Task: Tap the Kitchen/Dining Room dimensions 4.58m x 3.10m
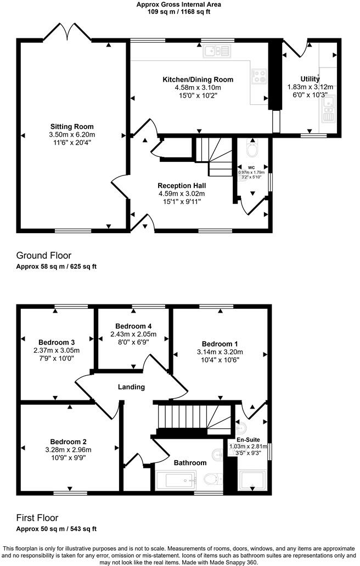click(198, 88)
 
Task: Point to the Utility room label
click(310, 79)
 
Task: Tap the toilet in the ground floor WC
click(252, 150)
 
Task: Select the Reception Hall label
click(181, 185)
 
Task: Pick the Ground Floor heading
click(44, 256)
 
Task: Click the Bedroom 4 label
click(133, 326)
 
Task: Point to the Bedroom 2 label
click(69, 442)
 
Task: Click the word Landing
click(131, 387)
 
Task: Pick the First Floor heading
click(37, 518)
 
